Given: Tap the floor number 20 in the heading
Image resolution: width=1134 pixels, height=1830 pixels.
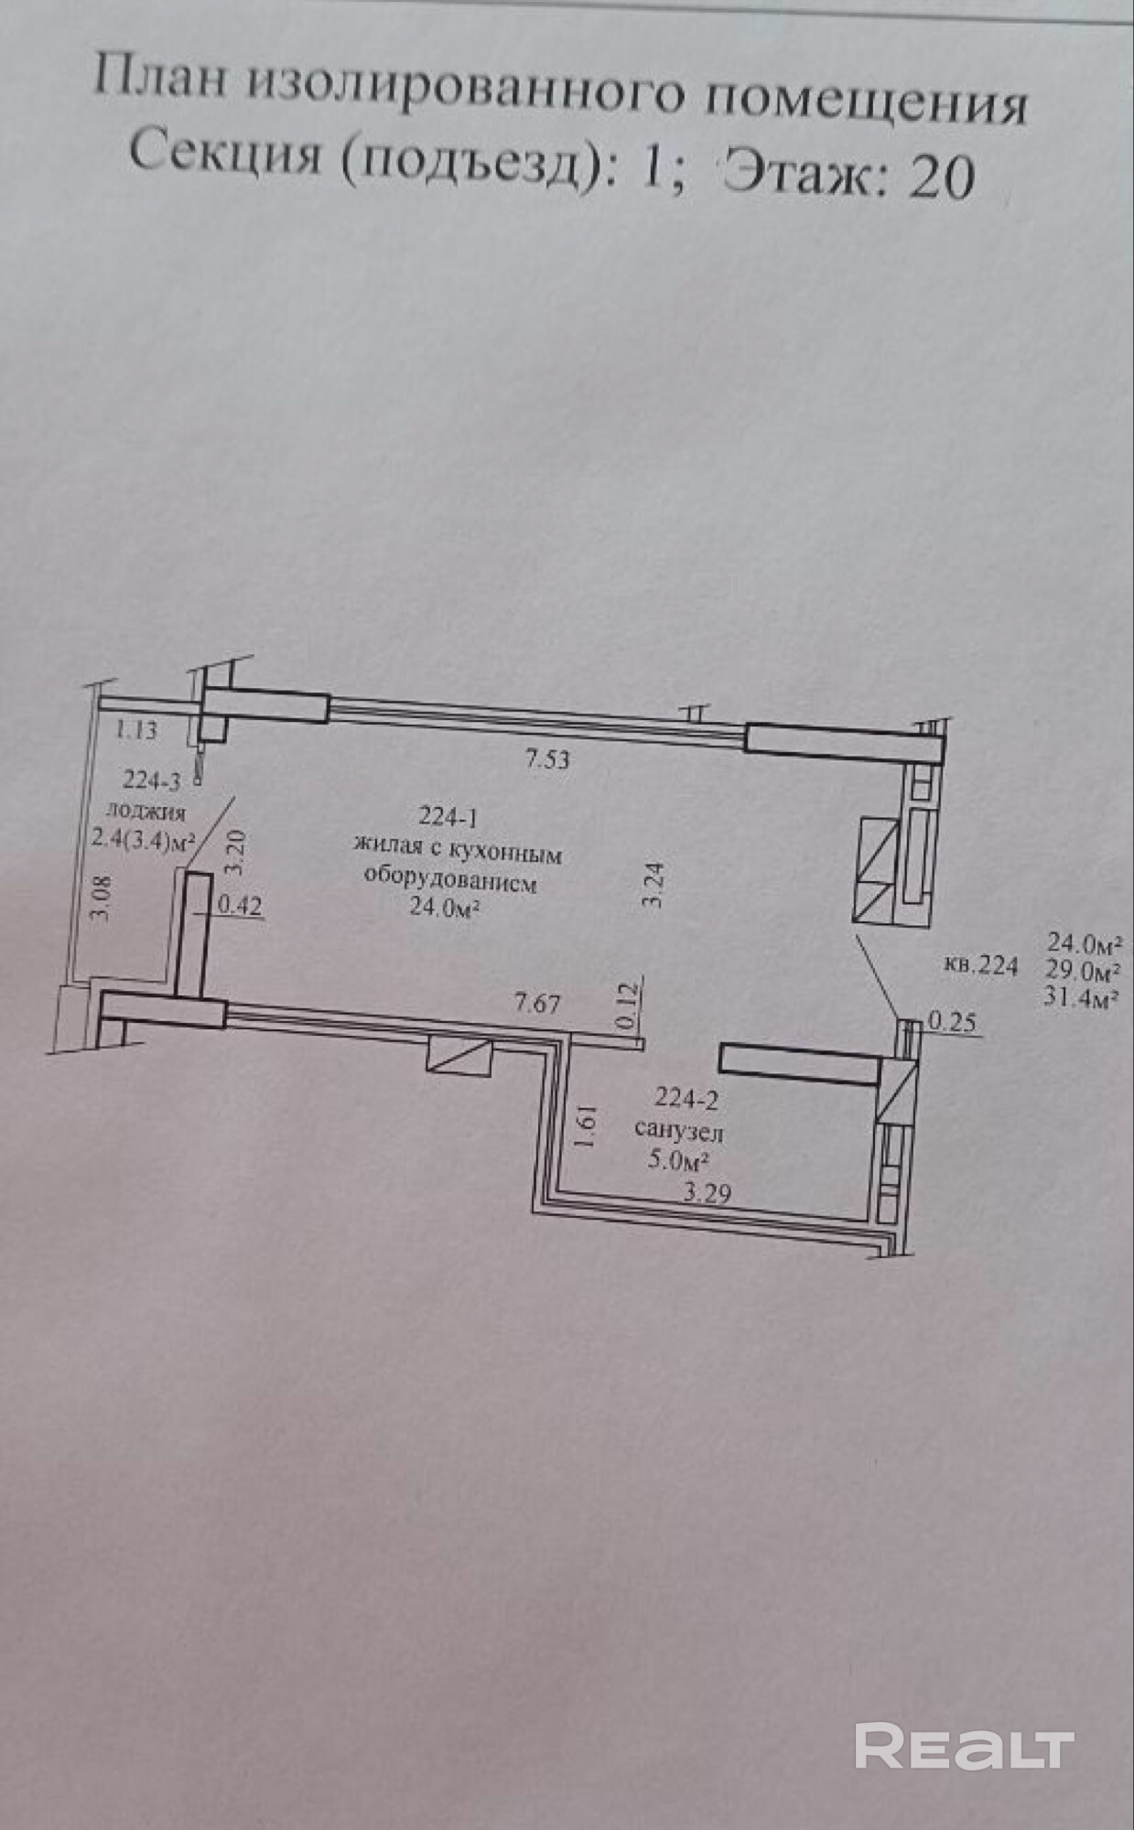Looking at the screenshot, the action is [939, 176].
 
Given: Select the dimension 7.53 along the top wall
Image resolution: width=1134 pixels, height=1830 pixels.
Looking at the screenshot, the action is [546, 759].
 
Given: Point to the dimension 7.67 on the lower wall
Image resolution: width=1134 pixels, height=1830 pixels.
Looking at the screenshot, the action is [536, 1003].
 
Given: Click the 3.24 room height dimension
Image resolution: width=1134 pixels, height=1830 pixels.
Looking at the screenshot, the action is [653, 885].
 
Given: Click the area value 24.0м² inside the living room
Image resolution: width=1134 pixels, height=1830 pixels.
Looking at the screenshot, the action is [445, 908].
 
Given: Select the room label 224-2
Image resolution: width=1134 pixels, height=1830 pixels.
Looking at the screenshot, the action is [686, 1099].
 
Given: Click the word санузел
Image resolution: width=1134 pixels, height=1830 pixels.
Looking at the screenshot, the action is [678, 1132].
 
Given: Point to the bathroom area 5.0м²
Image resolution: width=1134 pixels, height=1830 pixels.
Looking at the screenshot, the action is [679, 1162].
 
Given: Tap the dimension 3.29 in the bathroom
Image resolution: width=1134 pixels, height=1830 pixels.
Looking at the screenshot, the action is [707, 1192].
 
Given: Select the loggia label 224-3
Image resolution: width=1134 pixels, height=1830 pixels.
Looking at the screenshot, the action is [152, 780].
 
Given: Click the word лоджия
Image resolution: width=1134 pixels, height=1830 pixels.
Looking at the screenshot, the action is [146, 811].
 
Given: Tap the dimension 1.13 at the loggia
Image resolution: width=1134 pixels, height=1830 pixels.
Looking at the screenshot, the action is [135, 730].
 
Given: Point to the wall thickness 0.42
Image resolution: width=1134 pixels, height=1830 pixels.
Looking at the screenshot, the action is [240, 906].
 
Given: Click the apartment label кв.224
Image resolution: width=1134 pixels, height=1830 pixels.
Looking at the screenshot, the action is [979, 965].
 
